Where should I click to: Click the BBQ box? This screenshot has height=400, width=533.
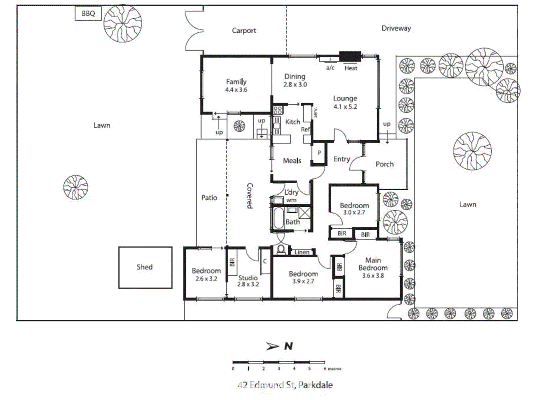[88, 14]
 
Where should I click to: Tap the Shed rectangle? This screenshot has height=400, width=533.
[145, 267]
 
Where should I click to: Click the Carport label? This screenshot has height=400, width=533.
[244, 31]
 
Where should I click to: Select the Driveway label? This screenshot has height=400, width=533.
[396, 28]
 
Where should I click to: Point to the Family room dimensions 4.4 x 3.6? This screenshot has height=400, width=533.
[236, 90]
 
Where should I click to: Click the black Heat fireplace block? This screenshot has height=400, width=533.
[350, 56]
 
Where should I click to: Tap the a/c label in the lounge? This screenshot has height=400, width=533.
[330, 68]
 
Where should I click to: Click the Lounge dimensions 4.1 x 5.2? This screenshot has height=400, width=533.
[345, 107]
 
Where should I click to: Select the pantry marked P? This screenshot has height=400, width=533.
[319, 153]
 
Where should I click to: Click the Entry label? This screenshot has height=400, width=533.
[341, 159]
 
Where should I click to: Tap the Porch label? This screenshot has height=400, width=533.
[384, 164]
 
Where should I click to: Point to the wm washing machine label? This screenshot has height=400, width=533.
[291, 200]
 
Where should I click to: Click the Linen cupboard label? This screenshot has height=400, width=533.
[302, 252]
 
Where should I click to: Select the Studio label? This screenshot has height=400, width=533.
[248, 278]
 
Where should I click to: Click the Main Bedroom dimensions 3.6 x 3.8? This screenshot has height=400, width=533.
[373, 276]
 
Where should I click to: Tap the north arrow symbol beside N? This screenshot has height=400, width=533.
[272, 346]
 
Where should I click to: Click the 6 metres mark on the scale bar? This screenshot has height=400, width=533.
[325, 368]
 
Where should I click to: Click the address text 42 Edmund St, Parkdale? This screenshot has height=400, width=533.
[285, 385]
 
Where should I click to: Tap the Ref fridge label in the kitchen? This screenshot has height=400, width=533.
[305, 129]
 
